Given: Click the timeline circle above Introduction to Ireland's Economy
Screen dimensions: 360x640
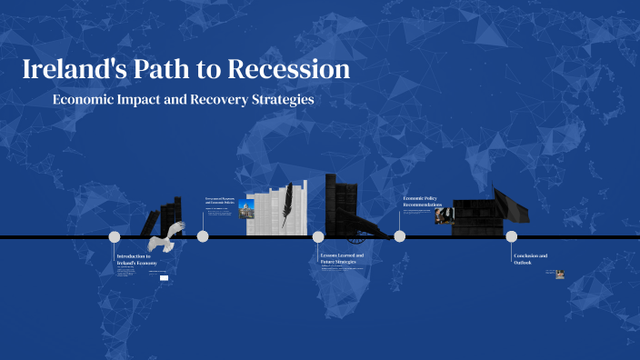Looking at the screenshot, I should pyautogui.click(x=115, y=236).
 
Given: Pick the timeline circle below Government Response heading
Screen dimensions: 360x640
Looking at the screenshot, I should pyautogui.click(x=203, y=236).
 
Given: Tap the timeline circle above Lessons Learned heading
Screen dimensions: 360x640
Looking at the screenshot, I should pyautogui.click(x=318, y=236).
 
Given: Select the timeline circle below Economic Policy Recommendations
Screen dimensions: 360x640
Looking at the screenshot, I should pyautogui.click(x=399, y=236).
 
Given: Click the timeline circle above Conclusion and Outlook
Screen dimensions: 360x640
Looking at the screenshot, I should pyautogui.click(x=511, y=236).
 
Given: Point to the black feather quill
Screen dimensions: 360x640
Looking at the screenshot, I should pyautogui.click(x=286, y=204).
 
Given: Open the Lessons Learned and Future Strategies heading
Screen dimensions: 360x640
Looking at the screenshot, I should pyautogui.click(x=342, y=258).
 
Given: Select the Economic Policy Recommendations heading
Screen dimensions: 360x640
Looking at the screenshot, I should pyautogui.click(x=423, y=202).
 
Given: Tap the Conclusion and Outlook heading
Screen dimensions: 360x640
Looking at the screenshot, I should pyautogui.click(x=530, y=258).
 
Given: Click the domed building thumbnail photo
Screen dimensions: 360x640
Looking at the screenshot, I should pyautogui.click(x=245, y=211).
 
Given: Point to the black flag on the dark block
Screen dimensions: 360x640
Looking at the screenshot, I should pyautogui.click(x=512, y=205).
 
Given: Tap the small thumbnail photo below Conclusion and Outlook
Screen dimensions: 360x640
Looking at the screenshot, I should pyautogui.click(x=560, y=274).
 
